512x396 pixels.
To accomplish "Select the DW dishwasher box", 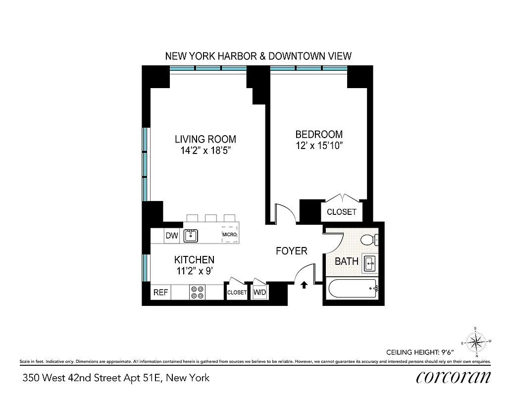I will click(x=171, y=236).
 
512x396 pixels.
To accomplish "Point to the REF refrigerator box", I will click(x=160, y=293).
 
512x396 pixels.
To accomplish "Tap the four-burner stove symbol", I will click(x=198, y=293).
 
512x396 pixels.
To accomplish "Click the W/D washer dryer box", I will click(x=260, y=293).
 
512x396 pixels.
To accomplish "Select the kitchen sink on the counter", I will click(x=191, y=235).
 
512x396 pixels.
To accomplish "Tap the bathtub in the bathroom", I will click(x=352, y=288).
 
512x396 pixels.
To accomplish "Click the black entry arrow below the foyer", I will click(x=304, y=284).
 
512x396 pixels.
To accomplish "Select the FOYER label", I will click(x=291, y=251).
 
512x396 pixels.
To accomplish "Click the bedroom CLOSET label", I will click(x=342, y=212).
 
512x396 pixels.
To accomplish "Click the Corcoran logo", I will click(x=453, y=378).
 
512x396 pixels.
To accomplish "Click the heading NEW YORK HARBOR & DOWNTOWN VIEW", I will click(x=258, y=56).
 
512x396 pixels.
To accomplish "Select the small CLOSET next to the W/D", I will click(x=237, y=293).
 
